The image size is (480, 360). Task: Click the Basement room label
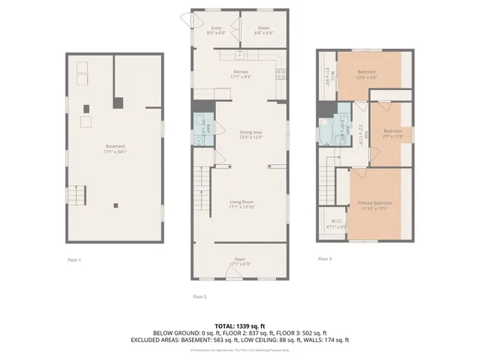pos(115,148)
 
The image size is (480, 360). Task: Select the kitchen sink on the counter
pos(240,55)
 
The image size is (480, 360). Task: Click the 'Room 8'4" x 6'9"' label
pos(264,31)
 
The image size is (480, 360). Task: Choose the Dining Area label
pos(250,134)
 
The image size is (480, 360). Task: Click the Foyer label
pos(240,262)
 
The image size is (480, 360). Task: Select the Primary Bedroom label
pos(374,205)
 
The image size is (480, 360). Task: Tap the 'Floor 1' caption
pos(73,259)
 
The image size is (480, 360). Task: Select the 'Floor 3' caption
pos(324,259)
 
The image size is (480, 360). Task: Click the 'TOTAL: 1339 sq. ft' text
pos(240,326)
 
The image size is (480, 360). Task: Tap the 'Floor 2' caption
pos(199,296)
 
